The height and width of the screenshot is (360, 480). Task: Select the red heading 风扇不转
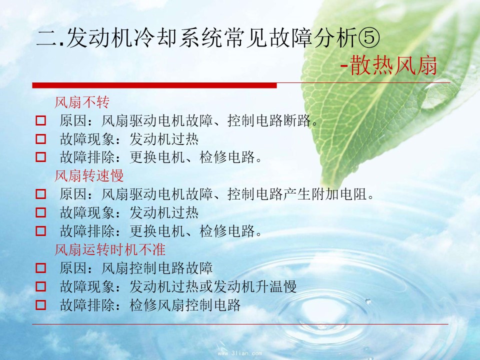82,102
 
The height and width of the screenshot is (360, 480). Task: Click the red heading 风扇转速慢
89,175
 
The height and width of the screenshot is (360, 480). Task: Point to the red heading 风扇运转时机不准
110,249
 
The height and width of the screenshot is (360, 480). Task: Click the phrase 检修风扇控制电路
185,305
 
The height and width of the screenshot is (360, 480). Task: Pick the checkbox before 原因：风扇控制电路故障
40,268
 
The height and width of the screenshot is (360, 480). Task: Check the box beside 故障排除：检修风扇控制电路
40,305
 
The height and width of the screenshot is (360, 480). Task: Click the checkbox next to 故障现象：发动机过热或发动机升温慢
40,286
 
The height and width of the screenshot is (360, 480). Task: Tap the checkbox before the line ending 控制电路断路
40,120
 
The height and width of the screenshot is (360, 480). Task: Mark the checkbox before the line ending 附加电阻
40,194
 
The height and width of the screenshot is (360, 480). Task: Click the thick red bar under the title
154,85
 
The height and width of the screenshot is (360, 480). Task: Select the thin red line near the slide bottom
240,324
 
